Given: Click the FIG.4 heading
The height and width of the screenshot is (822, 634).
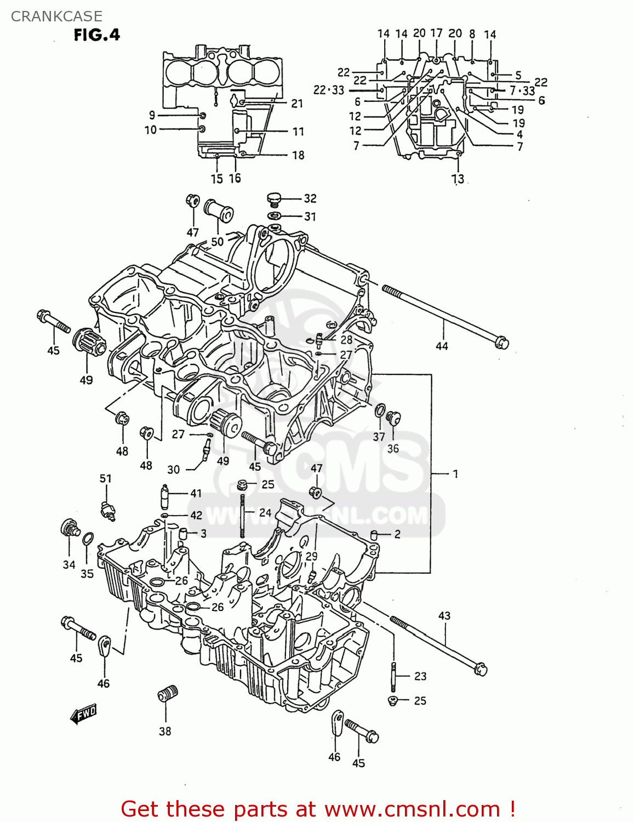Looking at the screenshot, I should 96,35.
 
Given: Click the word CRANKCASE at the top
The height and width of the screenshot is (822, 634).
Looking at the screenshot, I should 56,16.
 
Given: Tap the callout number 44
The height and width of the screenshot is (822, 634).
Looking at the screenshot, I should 442,346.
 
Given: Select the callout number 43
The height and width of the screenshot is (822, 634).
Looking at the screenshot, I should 444,615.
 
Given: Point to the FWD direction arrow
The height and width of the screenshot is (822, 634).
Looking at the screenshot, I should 83,715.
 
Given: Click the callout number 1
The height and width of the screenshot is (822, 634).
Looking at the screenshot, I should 455,473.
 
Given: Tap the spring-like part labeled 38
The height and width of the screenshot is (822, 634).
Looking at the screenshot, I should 168,694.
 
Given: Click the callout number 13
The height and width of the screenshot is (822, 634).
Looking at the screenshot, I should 458,179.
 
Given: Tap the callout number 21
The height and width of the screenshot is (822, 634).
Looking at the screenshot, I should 297,104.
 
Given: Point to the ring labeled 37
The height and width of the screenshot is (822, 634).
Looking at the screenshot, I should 379,410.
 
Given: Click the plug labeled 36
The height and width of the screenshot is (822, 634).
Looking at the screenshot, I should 393,418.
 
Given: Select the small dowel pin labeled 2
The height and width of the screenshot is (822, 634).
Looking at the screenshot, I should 374,535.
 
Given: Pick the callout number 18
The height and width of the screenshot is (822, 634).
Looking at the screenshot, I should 298,155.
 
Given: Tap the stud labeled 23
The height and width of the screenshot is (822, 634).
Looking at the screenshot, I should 393,676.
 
